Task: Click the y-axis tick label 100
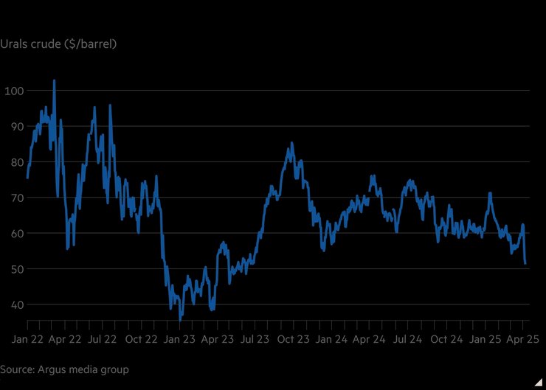click(14, 91)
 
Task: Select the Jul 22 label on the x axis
click(102, 340)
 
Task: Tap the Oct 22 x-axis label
click(140, 340)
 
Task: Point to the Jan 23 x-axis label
click(179, 340)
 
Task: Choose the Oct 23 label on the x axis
click(293, 340)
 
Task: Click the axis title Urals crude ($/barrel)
click(58, 44)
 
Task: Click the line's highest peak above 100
click(54, 80)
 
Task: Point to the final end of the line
click(525, 263)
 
